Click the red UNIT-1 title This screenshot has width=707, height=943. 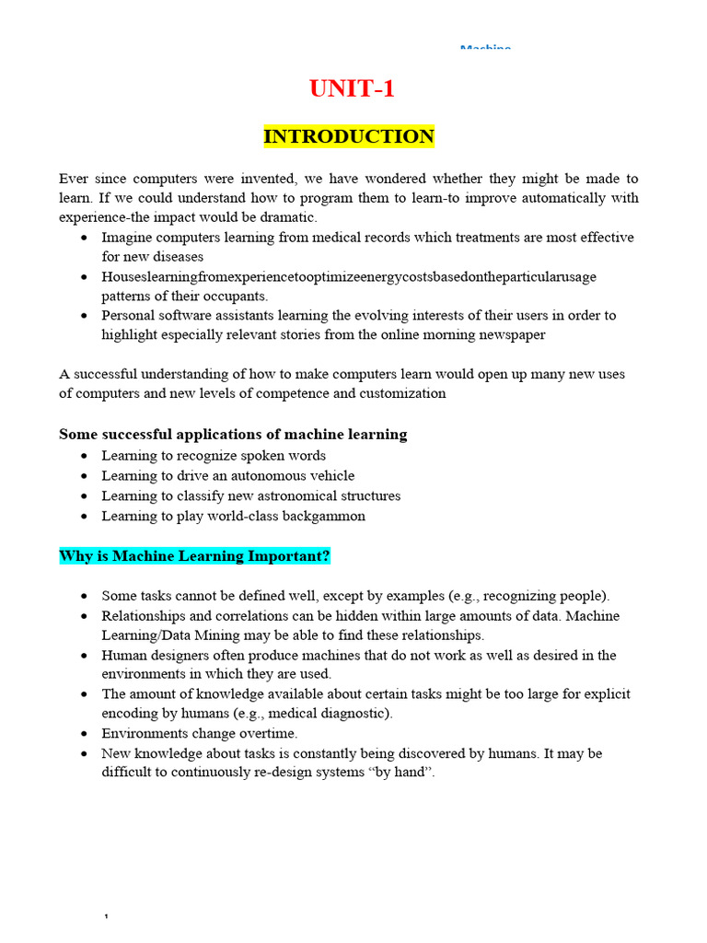point(353,89)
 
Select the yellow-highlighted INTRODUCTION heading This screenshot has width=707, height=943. point(349,136)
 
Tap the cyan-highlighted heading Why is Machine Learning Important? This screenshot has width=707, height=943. point(194,556)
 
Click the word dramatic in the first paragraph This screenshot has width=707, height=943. point(284,217)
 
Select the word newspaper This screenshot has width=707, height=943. point(507,334)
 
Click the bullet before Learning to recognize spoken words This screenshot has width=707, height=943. point(85,456)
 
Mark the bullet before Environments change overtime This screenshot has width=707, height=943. point(85,734)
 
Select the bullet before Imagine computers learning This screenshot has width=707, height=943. point(85,238)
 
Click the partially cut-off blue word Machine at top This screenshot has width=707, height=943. point(485,46)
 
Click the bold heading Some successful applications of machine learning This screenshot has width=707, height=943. point(233,434)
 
